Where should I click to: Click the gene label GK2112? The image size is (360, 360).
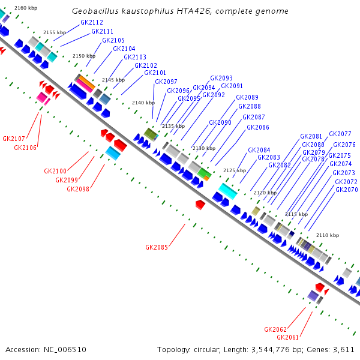pyautogui.click(x=91, y=22)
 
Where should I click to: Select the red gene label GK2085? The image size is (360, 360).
pyautogui.click(x=157, y=247)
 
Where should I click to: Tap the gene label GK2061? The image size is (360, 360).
pyautogui.click(x=287, y=337)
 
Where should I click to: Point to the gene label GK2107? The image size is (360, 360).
pyautogui.click(x=14, y=139)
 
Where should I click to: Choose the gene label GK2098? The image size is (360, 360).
pyautogui.click(x=78, y=189)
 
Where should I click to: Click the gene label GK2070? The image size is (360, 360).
pyautogui.click(x=346, y=190)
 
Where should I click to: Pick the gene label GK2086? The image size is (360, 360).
pyautogui.click(x=257, y=127)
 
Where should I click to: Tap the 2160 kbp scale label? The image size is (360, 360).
pyautogui.click(x=25, y=7)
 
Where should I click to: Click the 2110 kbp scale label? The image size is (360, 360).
pyautogui.click(x=327, y=235)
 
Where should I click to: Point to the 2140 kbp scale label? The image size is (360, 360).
pyautogui.click(x=143, y=103)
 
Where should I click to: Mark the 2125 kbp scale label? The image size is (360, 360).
pyautogui.click(x=234, y=170)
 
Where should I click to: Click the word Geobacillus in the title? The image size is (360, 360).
pyautogui.click(x=95, y=11)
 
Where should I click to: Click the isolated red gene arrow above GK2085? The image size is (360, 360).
pyautogui.click(x=200, y=205)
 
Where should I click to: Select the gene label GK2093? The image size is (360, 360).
pyautogui.click(x=221, y=78)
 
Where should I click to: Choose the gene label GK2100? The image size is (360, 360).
pyautogui.click(x=55, y=171)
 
